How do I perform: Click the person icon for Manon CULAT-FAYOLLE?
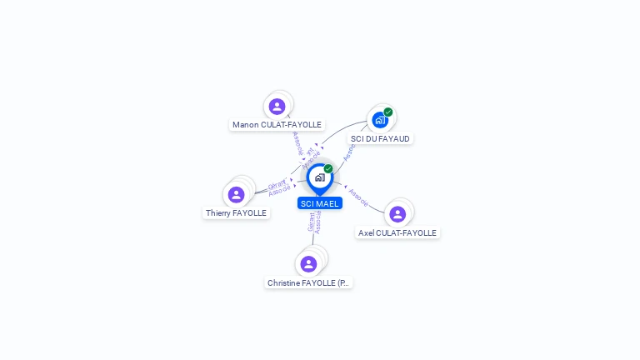coord(277,107)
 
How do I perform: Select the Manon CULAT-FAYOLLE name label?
coord(277,125)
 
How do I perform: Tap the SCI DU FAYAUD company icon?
coord(380,119)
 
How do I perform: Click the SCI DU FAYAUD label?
coord(381,138)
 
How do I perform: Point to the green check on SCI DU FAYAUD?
coord(388,112)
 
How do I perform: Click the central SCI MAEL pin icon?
coord(319,177)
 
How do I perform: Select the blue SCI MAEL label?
coord(320,203)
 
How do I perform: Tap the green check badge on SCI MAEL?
coord(328,169)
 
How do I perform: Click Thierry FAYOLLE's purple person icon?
coord(237,194)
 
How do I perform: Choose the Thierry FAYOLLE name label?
coord(237,213)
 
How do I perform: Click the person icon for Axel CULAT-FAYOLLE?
coord(397,214)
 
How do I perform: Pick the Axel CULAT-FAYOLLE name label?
coord(397,233)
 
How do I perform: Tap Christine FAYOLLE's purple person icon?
coord(309,264)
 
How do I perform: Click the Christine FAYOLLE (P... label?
coord(309,283)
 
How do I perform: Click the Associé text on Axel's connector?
coord(359,197)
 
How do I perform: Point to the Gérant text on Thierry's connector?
coord(276,185)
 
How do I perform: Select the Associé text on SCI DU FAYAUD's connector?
coord(349,152)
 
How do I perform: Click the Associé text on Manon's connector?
coord(297,142)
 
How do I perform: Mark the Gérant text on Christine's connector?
coord(311,222)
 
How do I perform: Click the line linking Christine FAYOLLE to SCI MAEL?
coord(314,237)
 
